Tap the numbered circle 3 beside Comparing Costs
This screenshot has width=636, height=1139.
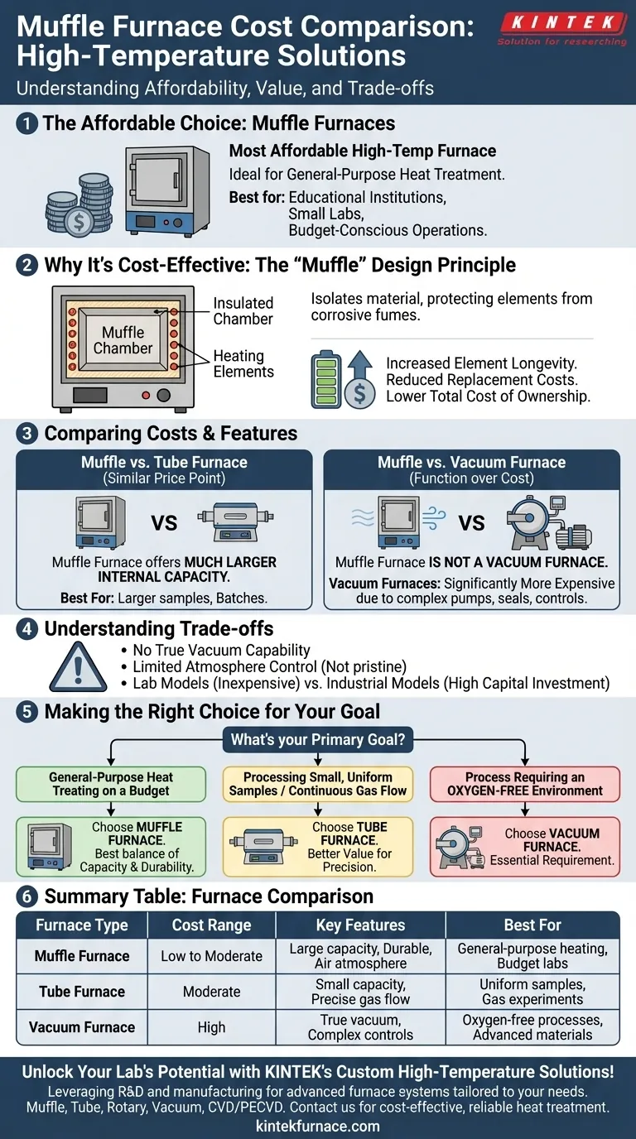tap(28, 434)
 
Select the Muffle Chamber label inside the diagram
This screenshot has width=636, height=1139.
tap(123, 340)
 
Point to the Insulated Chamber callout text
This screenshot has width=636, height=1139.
tap(243, 311)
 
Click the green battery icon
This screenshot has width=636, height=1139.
tap(325, 379)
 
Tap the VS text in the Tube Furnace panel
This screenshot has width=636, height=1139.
tap(165, 522)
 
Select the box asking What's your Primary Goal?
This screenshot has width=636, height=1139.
tap(318, 739)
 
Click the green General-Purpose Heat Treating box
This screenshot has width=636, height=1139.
tap(111, 784)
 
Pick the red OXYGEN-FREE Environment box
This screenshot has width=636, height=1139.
tap(525, 784)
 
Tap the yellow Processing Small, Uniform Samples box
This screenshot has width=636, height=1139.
tap(318, 784)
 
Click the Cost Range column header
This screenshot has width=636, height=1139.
tap(211, 925)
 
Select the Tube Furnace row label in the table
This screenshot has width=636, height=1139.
tap(82, 992)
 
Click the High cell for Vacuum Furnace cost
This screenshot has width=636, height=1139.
tap(211, 1027)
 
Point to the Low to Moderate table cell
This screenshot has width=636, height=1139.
tap(211, 956)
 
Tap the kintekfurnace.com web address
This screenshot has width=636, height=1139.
tap(318, 1126)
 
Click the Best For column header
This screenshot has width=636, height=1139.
tap(532, 925)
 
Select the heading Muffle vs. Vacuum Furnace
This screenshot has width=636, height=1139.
tap(471, 462)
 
